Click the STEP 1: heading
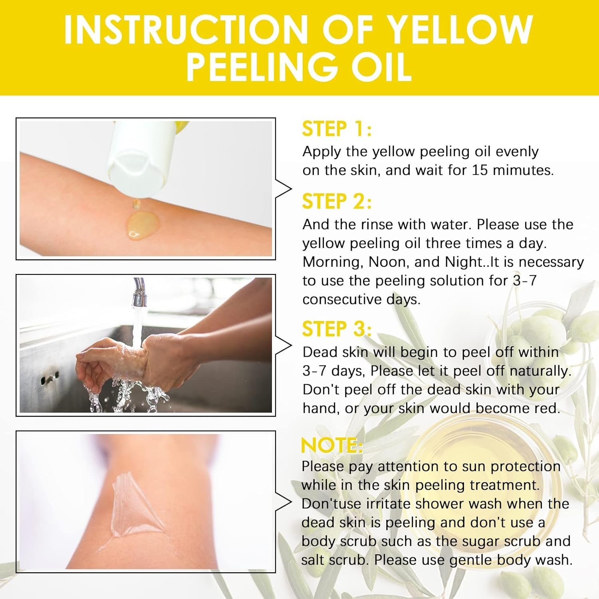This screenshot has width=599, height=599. tap(337, 129)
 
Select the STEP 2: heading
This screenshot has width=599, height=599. tap(337, 201)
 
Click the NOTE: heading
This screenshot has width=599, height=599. tap(332, 445)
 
